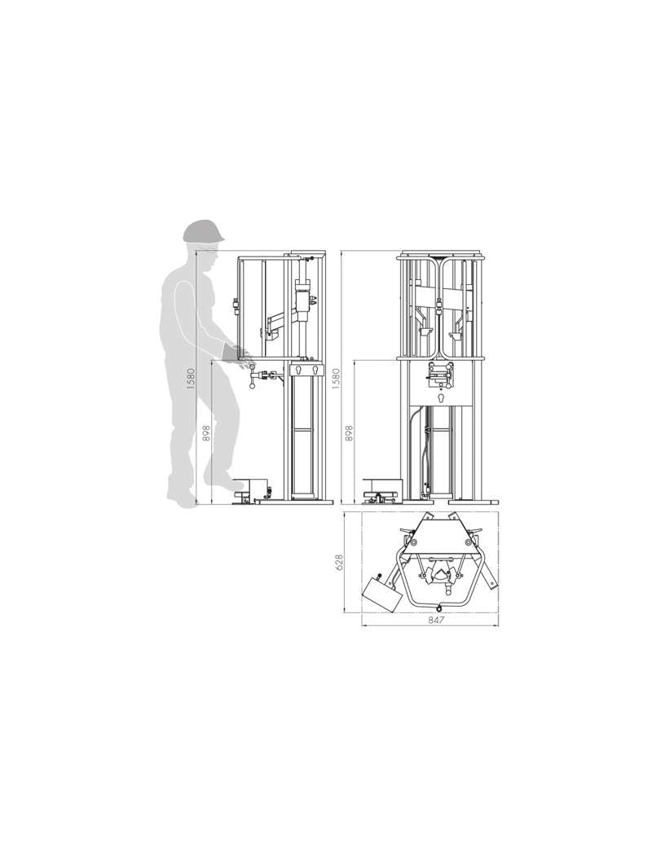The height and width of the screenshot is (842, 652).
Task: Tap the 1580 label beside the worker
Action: [191, 379]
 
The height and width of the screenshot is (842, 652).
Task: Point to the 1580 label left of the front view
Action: [335, 379]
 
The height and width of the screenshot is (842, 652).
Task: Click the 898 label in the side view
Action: [205, 434]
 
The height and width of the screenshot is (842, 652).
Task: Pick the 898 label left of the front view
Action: [349, 434]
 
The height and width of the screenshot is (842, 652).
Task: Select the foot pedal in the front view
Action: [381, 488]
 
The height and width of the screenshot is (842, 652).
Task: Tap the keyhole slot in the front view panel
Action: [440, 400]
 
